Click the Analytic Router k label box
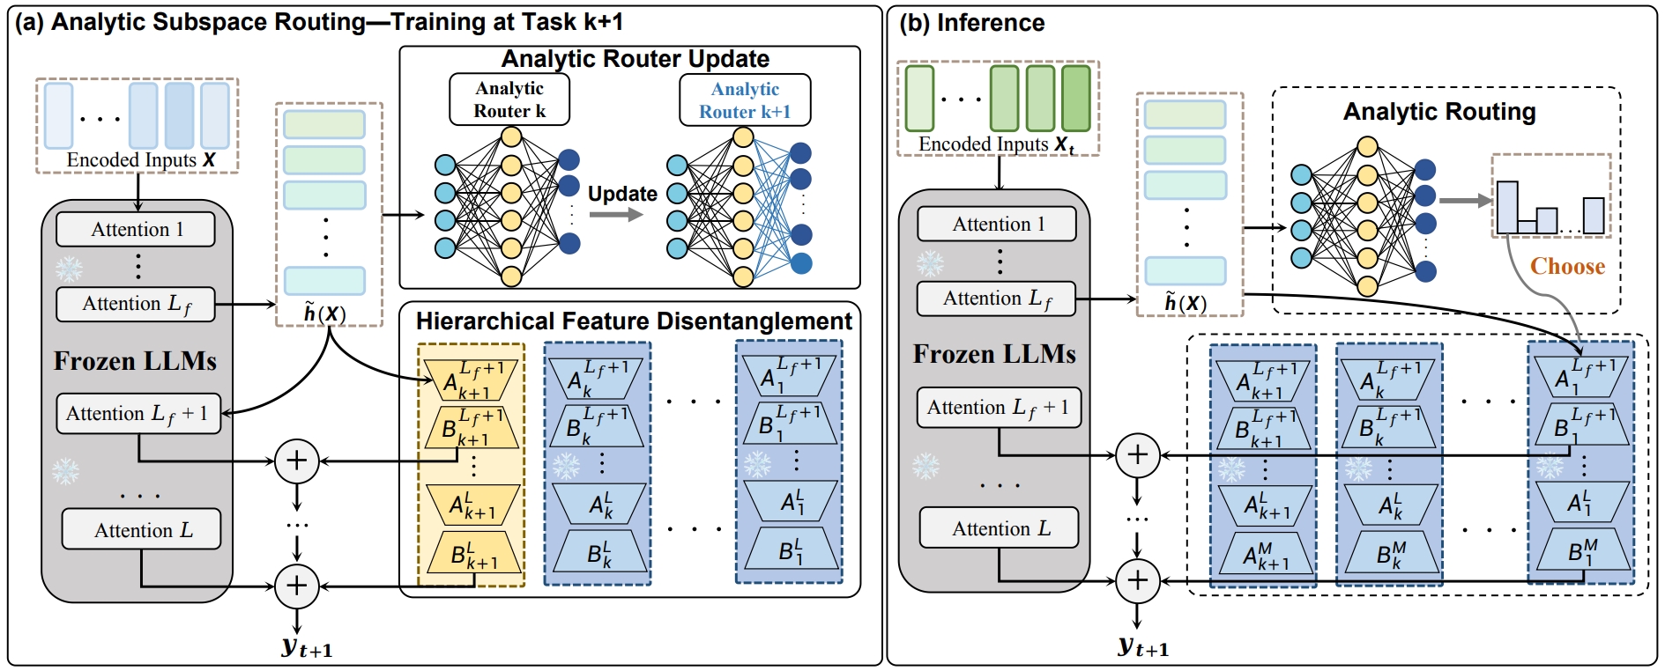pyautogui.click(x=509, y=100)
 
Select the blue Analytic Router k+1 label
pyautogui.click(x=745, y=100)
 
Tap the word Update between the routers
pyautogui.click(x=622, y=194)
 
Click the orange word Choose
pyautogui.click(x=1567, y=266)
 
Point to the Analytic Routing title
pyautogui.click(x=1438, y=112)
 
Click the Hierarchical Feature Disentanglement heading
pyautogui.click(x=634, y=321)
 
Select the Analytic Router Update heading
pyautogui.click(x=635, y=59)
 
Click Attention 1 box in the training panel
pyautogui.click(x=136, y=229)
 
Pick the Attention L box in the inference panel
pyautogui.click(x=999, y=527)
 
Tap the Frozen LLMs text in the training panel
pyautogui.click(x=135, y=361)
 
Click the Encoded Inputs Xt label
pyautogui.click(x=996, y=144)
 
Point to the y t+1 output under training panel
pyautogui.click(x=306, y=648)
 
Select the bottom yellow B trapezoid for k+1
pyautogui.click(x=474, y=555)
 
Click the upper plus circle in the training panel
pyautogui.click(x=297, y=461)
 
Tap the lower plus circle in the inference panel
pyautogui.click(x=1137, y=580)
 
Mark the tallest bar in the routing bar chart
pyautogui.click(x=1507, y=207)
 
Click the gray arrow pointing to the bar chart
pyautogui.click(x=1465, y=201)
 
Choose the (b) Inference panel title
pyautogui.click(x=971, y=23)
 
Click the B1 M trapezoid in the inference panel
pyautogui.click(x=1583, y=551)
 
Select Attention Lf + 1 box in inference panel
pyautogui.click(x=999, y=408)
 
